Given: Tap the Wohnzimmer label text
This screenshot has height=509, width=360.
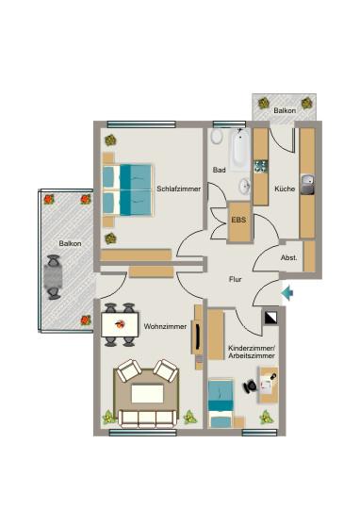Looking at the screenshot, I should coord(163,326).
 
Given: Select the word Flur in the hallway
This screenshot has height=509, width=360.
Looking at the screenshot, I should coord(236,279).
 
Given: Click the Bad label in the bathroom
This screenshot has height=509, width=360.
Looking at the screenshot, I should coord(219,171).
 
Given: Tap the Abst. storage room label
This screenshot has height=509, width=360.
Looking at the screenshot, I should coord(289,257).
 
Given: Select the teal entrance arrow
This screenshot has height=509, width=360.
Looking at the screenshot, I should coord(287,294).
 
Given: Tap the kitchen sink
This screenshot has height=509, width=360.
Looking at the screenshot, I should coord(306,179).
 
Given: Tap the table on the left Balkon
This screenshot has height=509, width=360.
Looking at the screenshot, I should coord(54,278).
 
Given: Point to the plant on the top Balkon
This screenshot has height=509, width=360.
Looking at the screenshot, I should coord(265,102).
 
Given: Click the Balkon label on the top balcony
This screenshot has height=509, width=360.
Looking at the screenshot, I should coord(284,111).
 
